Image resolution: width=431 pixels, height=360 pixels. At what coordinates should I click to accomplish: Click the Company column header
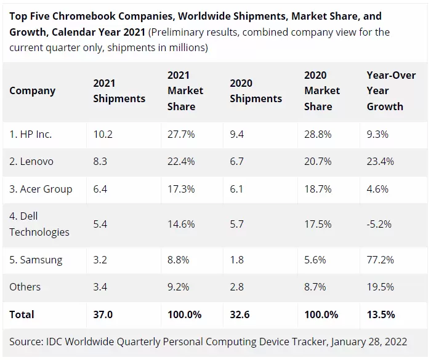(32, 90)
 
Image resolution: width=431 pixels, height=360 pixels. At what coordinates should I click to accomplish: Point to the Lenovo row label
(31, 161)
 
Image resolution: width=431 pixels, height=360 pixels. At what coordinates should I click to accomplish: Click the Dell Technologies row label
(39, 224)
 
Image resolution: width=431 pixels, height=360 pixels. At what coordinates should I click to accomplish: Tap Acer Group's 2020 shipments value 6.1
(238, 189)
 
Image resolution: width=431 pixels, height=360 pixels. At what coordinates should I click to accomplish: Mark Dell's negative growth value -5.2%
(380, 224)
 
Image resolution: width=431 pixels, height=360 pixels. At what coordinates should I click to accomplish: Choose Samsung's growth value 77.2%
(381, 260)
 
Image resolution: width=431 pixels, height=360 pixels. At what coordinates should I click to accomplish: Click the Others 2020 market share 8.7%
(318, 287)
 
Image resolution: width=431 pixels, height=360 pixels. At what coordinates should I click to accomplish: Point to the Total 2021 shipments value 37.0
(103, 314)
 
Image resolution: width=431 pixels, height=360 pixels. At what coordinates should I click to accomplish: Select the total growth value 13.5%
(381, 314)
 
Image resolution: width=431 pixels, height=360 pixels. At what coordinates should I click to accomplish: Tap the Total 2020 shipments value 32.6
(240, 314)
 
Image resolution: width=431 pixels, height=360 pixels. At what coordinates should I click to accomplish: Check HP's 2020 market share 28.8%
(318, 134)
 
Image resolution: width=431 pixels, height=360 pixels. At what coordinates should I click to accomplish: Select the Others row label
(25, 287)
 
